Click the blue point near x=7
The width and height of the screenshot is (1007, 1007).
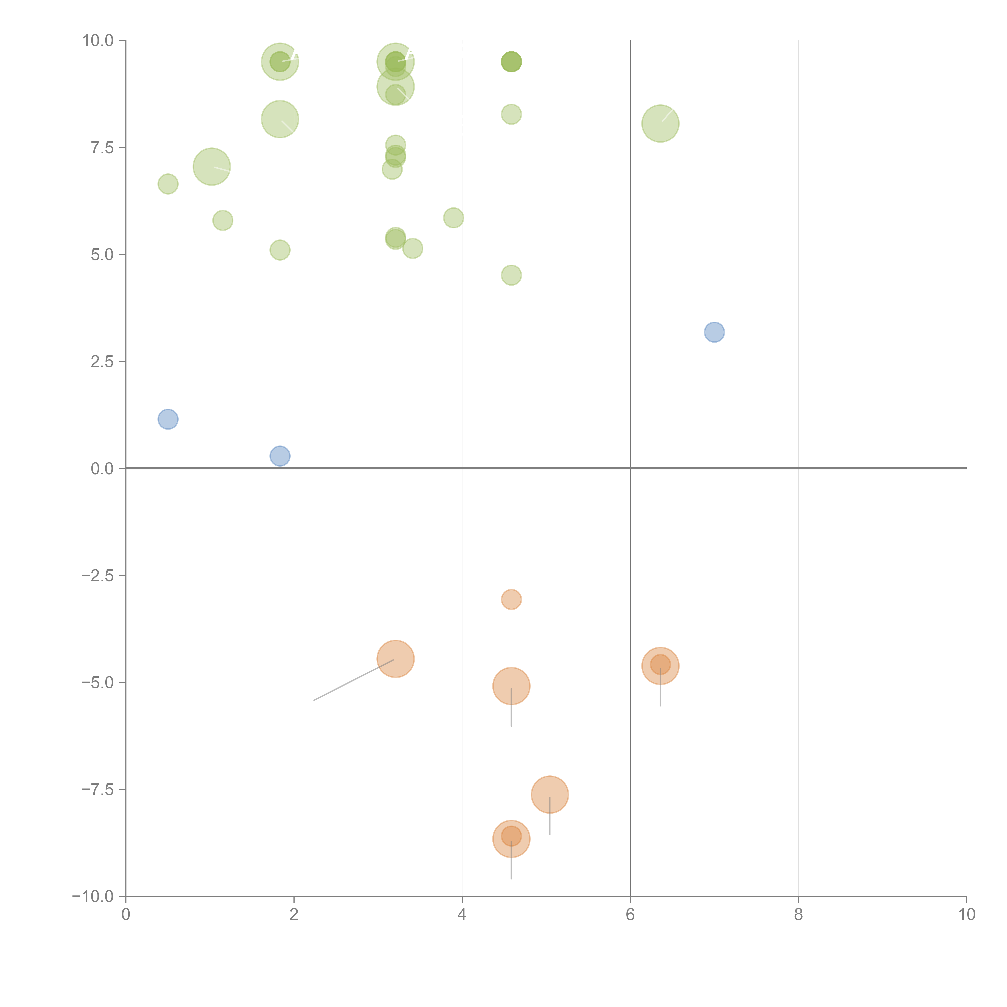point(714,332)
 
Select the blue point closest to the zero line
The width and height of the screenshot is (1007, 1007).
point(280,456)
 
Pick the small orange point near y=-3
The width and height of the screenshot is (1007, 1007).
point(511,599)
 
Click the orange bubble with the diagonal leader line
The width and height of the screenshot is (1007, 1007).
point(396,659)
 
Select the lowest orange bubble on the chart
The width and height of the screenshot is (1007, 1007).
point(511,839)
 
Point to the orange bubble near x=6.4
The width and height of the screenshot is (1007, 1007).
point(660,666)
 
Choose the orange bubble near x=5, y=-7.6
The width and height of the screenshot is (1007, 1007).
point(550,794)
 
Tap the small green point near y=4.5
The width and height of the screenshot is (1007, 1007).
point(511,275)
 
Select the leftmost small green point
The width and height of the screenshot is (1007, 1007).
point(168,184)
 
